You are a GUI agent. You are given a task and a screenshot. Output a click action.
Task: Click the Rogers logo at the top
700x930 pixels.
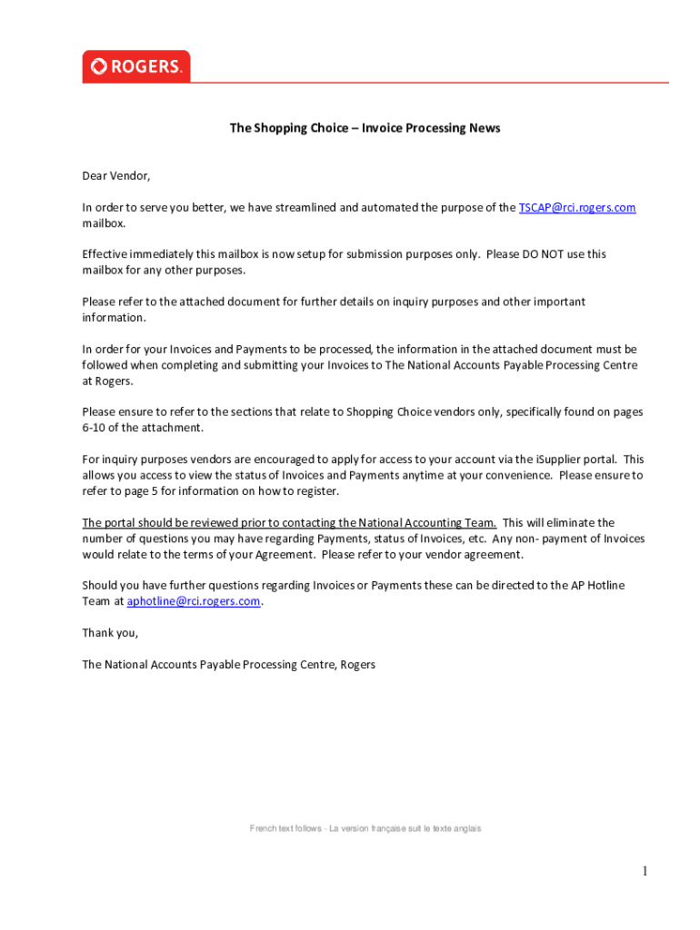(x=136, y=66)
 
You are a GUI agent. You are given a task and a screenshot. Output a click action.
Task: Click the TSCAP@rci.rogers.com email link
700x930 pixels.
(x=576, y=207)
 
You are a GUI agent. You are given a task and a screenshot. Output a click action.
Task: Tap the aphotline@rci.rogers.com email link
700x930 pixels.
(x=193, y=601)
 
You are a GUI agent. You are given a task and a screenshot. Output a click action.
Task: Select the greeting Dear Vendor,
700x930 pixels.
(x=116, y=175)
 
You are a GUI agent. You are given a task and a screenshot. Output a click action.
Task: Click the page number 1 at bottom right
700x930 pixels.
(x=645, y=872)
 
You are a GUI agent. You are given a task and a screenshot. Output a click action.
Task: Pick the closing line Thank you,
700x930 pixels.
(x=110, y=633)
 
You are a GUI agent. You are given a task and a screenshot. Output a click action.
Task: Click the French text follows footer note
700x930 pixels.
(x=365, y=828)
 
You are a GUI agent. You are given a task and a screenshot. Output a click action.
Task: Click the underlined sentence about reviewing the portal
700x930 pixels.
(x=289, y=522)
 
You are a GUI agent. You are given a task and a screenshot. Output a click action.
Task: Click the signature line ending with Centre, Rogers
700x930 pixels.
(x=228, y=665)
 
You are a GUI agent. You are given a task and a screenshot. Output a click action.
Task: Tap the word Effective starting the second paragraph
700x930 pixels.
(x=106, y=254)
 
